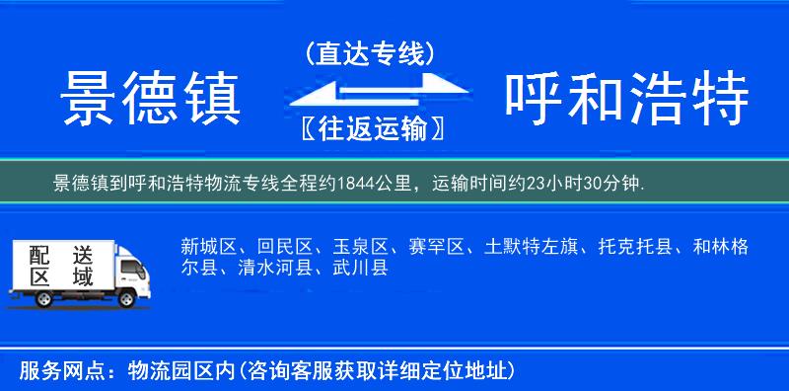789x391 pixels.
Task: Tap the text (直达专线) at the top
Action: click(x=370, y=53)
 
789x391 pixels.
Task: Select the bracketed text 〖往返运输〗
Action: click(x=370, y=127)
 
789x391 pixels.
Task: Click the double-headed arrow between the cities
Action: click(x=370, y=90)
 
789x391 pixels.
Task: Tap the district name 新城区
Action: click(x=208, y=246)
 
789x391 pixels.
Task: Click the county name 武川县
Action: click(x=360, y=267)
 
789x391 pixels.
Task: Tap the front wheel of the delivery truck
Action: click(x=127, y=297)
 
